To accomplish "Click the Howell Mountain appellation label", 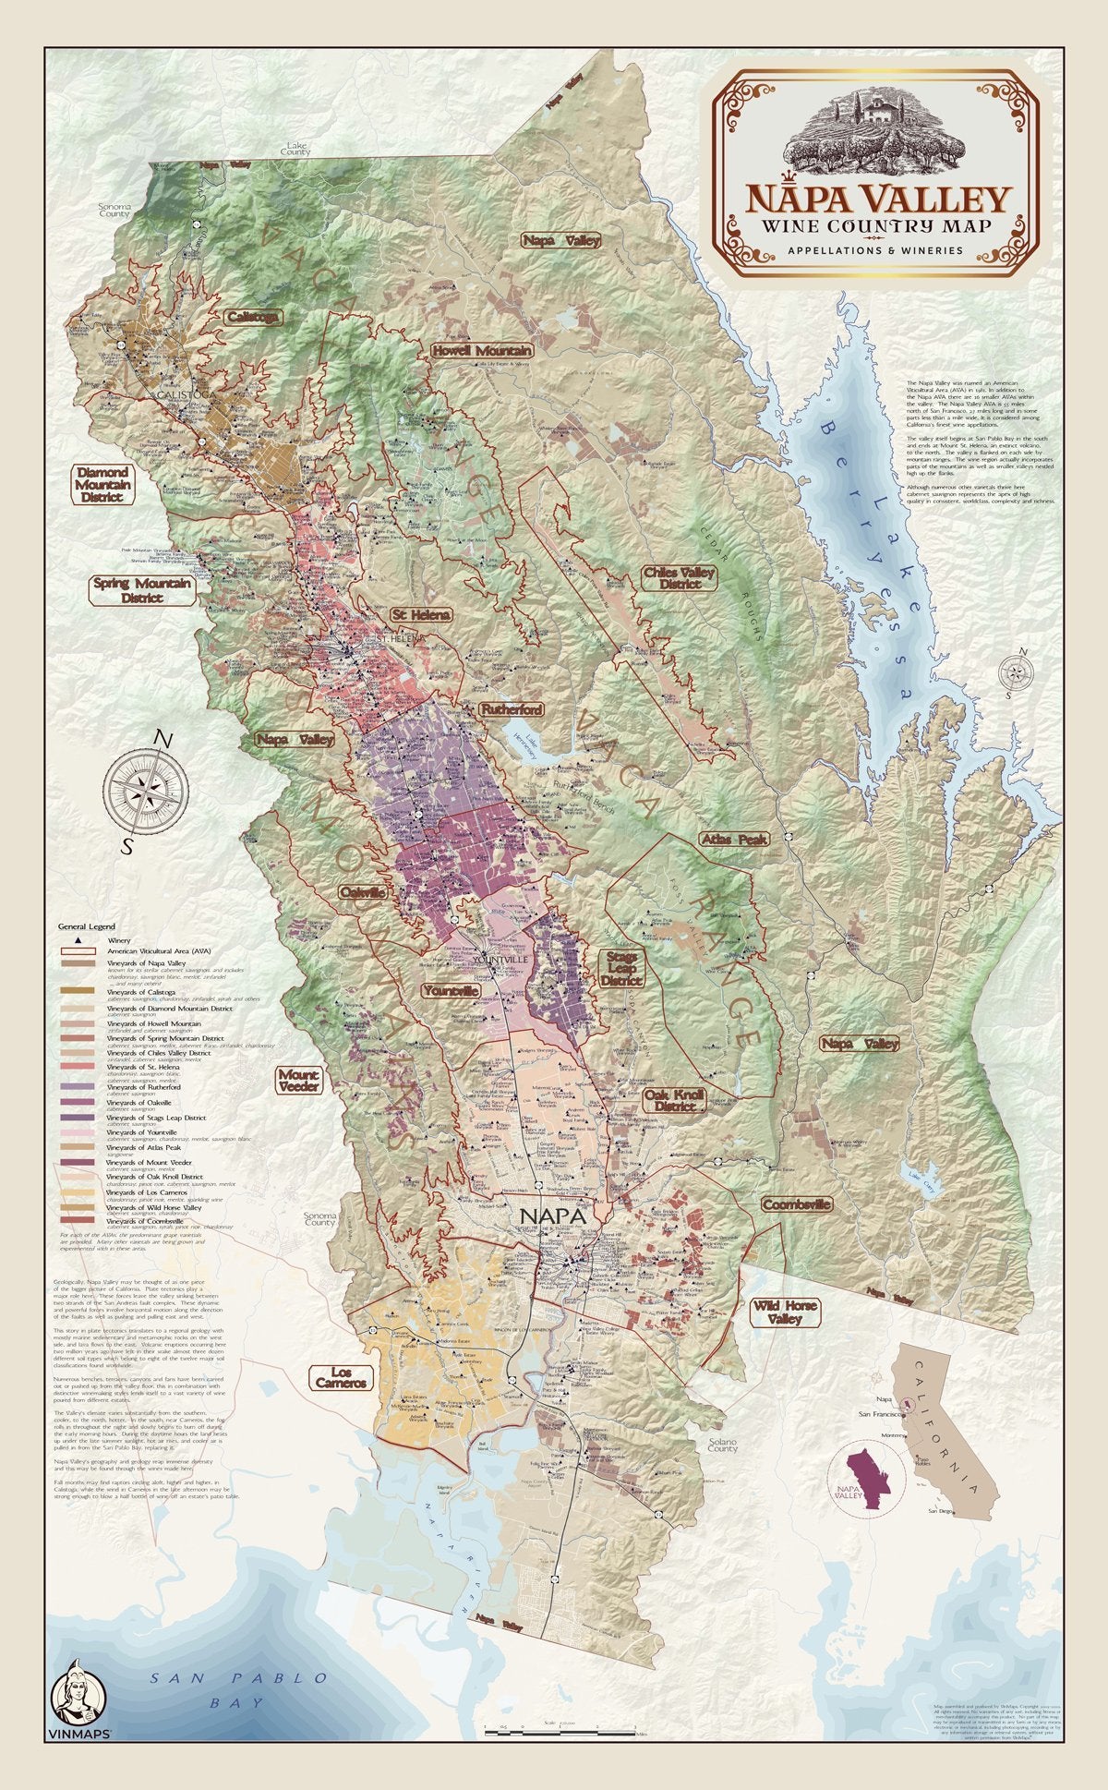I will tap(481, 351).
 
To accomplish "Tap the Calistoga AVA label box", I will tap(252, 316).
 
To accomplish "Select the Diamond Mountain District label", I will tap(102, 484).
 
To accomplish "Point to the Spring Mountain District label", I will tap(143, 590).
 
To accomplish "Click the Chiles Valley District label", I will tap(680, 578).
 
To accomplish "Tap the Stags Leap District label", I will tap(621, 968).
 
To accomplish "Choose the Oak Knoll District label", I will tap(675, 1100).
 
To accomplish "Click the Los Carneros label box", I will tap(341, 1377).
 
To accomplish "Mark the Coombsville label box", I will tap(796, 1204).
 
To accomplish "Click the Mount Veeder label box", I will tap(299, 1081).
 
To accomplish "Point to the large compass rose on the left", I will tap(148, 788).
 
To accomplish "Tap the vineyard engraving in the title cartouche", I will tap(874, 139).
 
